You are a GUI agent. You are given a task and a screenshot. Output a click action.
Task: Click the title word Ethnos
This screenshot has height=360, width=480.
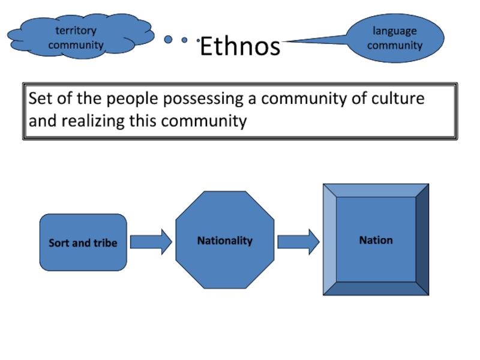pyautogui.click(x=240, y=46)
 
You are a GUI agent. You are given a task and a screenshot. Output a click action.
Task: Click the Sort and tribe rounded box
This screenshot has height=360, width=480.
pyautogui.click(x=83, y=242)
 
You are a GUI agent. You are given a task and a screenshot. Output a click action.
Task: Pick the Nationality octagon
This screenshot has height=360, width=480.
pyautogui.click(x=225, y=241)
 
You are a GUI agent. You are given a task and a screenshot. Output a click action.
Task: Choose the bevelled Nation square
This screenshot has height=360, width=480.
pyautogui.click(x=376, y=240)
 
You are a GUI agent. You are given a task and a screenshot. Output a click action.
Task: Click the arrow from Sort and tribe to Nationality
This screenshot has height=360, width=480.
pyautogui.click(x=151, y=242)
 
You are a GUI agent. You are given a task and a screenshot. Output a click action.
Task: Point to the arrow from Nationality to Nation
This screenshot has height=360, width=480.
pyautogui.click(x=298, y=242)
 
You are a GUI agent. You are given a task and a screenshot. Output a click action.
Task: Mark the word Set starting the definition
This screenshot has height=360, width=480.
pyautogui.click(x=40, y=98)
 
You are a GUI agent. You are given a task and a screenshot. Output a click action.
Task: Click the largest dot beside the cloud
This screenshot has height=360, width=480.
pyautogui.click(x=169, y=40)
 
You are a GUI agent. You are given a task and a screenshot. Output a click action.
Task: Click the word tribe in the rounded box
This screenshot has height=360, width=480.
pyautogui.click(x=105, y=243)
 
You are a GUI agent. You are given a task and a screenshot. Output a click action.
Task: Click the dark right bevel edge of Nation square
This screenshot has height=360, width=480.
pyautogui.click(x=422, y=240)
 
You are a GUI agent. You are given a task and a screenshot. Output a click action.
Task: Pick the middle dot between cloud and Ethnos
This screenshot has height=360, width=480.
pyautogui.click(x=185, y=40)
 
